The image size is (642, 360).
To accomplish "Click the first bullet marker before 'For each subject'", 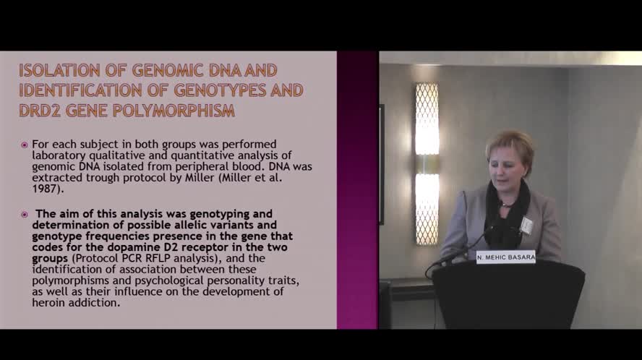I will point(25,145).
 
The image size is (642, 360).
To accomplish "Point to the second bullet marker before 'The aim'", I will point(25,214).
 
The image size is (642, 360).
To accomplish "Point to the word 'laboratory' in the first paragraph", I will point(61,155).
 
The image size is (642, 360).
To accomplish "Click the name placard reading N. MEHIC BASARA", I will point(505,257).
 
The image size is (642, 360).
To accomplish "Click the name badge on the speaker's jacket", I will point(526,226).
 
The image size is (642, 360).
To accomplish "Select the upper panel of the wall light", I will point(427,119).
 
